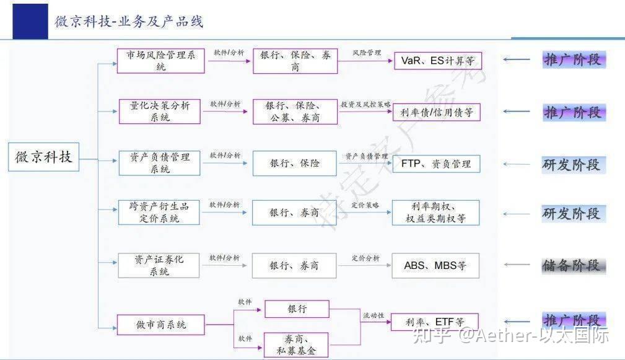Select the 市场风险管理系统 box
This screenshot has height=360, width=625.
click(160, 61)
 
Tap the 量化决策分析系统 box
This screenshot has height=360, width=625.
click(160, 112)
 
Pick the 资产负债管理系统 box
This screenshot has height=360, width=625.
click(159, 163)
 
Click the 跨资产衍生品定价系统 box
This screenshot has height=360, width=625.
click(159, 213)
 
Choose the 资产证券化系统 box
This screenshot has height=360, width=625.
click(159, 265)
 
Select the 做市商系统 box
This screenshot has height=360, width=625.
click(160, 324)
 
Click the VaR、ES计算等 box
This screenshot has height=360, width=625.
click(437, 61)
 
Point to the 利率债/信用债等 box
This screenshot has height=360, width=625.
click(437, 112)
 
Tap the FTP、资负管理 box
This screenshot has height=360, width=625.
click(436, 164)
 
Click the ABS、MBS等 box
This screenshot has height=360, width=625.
click(435, 265)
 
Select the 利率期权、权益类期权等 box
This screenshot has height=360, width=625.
click(435, 213)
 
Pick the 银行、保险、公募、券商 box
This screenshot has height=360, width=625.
click(295, 112)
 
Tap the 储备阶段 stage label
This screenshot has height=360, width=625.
click(572, 265)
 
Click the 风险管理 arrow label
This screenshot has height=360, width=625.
click(367, 53)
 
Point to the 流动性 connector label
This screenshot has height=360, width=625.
click(374, 316)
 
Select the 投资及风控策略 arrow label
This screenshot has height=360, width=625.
click(365, 105)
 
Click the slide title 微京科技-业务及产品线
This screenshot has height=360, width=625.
click(129, 22)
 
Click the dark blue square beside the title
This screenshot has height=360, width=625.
click(30, 21)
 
